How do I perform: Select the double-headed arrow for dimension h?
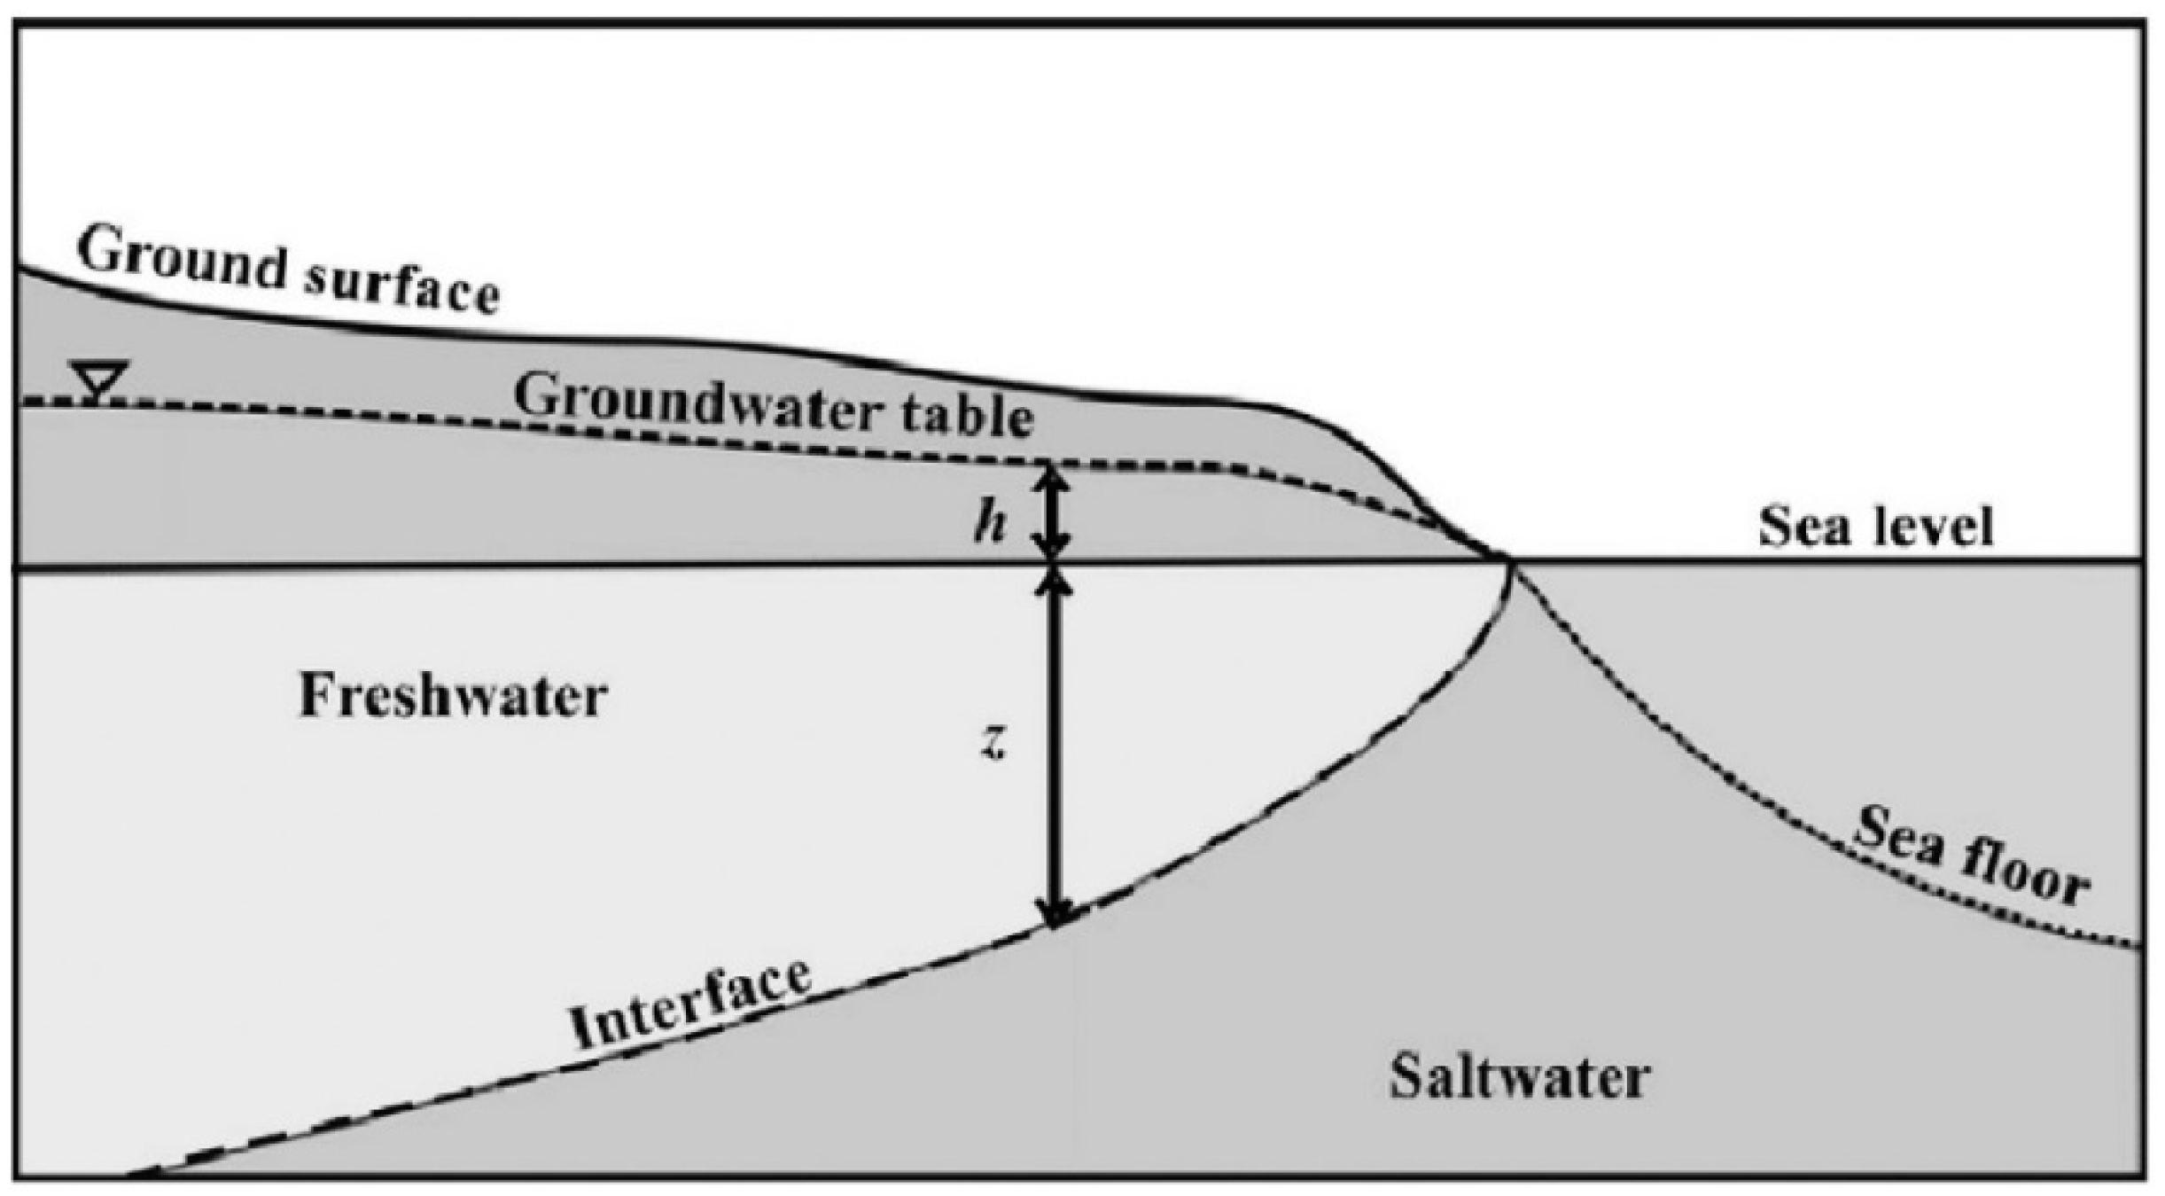coord(1054,514)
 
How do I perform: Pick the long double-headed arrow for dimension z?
coord(1054,745)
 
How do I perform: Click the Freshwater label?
coord(453,695)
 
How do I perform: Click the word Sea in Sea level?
coord(1798,527)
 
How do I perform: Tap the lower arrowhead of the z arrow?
coord(1054,913)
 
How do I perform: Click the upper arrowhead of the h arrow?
coord(1054,479)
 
